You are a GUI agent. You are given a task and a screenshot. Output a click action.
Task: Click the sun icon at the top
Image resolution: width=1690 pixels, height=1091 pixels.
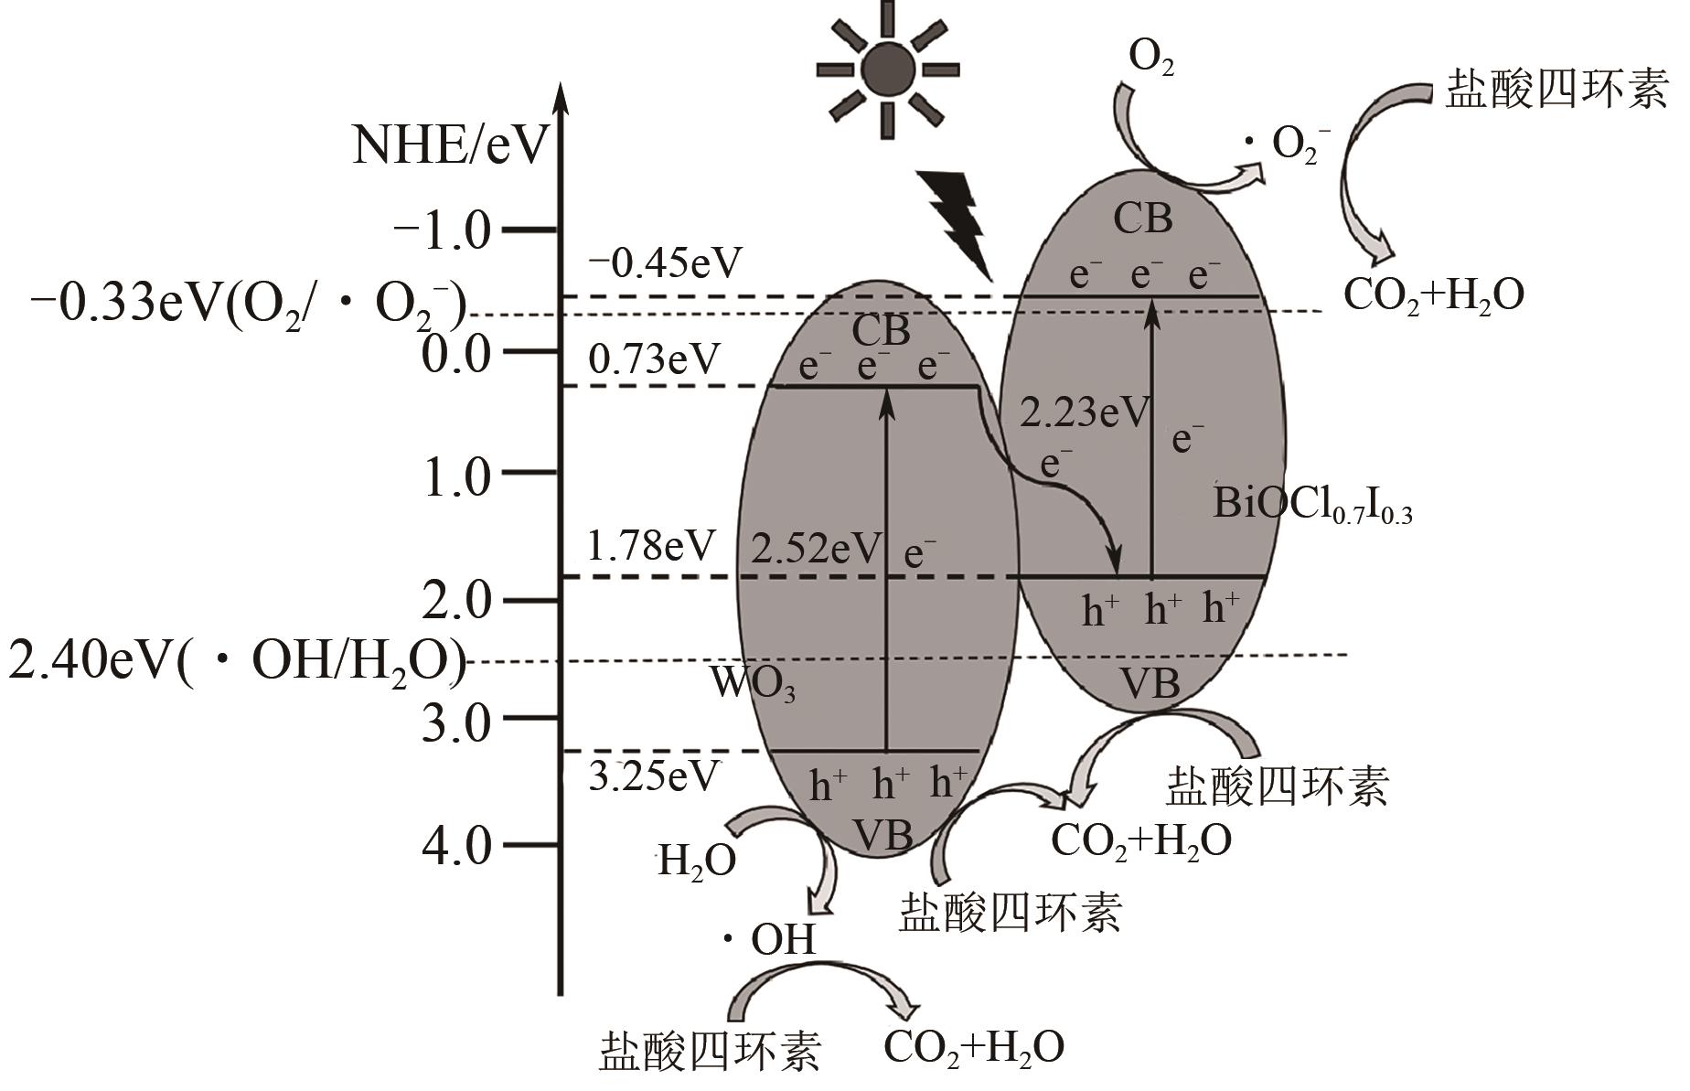pos(886,69)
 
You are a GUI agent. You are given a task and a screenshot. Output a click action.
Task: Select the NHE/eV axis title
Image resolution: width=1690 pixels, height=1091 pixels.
pos(451,144)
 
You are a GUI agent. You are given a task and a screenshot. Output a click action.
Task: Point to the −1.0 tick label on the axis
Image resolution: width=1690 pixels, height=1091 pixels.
pos(443,230)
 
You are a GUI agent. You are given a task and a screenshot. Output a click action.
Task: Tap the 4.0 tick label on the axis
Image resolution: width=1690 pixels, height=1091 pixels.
pos(457,845)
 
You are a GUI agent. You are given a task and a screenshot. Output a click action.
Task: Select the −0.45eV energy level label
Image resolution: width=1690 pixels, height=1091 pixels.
pos(665,263)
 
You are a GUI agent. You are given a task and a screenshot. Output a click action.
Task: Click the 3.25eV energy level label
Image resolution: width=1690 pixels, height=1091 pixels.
pos(653,776)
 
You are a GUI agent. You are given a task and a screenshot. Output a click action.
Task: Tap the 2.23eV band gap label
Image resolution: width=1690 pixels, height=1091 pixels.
pos(1085,412)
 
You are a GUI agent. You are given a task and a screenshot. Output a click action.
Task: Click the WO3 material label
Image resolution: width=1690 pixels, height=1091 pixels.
pos(752,682)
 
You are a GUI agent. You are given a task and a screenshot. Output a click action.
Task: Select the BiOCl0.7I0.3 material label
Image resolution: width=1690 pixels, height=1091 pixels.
pos(1312,505)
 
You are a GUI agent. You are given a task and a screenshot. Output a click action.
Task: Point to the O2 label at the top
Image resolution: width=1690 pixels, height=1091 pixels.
pos(1151,59)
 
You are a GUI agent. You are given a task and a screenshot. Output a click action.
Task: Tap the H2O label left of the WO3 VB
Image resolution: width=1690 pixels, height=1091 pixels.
pos(697,861)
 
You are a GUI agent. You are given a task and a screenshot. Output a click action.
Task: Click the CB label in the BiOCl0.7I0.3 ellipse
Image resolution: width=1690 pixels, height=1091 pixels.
pos(1143,219)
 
